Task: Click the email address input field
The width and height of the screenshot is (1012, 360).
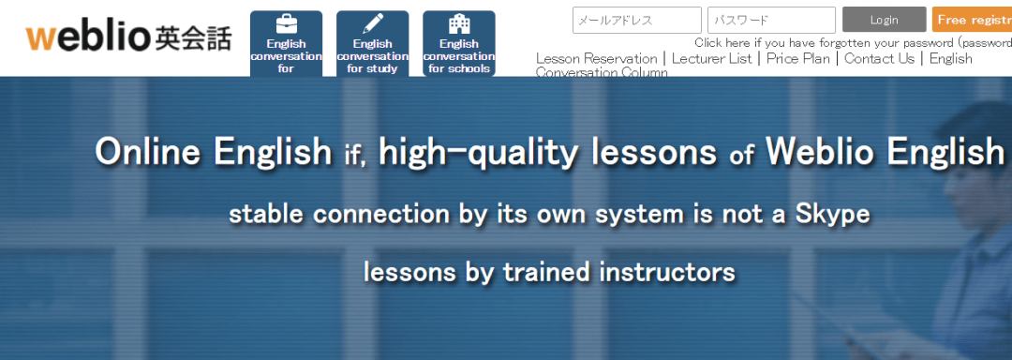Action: [636, 20]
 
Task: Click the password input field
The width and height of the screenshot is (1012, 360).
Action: [771, 20]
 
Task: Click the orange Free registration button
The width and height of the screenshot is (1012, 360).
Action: [973, 20]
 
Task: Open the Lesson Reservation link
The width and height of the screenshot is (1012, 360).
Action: [596, 58]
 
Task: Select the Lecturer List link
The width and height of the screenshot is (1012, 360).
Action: [711, 58]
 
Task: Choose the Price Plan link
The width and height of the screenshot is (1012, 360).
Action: [797, 58]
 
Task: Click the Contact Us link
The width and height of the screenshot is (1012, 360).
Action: [878, 58]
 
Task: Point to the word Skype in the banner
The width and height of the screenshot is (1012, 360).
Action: [833, 215]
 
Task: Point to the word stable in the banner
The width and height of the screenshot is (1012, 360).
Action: [267, 215]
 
